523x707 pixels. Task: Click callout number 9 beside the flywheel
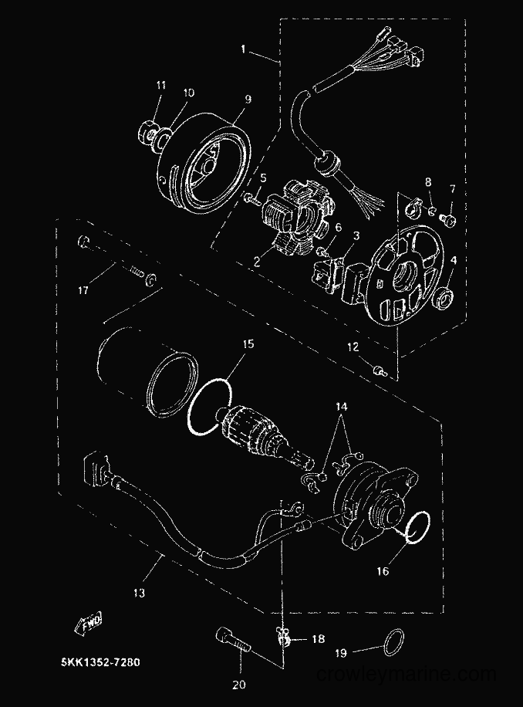click(248, 100)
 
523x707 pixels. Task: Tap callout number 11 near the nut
click(160, 85)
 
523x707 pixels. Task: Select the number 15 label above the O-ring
click(248, 344)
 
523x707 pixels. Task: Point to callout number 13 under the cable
click(139, 593)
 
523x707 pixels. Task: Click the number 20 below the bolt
click(239, 685)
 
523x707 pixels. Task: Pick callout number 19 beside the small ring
click(342, 652)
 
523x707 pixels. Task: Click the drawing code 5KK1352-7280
click(100, 662)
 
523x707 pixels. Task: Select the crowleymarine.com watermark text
click(407, 675)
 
